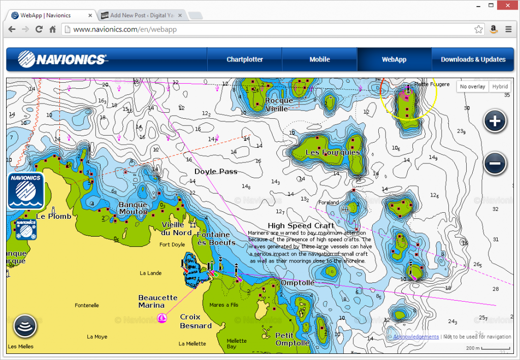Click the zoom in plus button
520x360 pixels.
coord(495,121)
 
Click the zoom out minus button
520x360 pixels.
coord(495,163)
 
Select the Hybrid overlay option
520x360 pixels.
coord(499,87)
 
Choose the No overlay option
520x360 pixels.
coord(472,87)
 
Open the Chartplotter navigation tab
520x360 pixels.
coord(245,59)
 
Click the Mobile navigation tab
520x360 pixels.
coord(319,59)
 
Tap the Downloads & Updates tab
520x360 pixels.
coord(473,59)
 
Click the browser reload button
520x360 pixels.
coord(39,29)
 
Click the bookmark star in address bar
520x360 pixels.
coord(478,29)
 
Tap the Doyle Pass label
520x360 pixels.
coord(216,172)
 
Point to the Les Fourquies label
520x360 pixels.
coord(332,152)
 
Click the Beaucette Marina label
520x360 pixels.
coord(158,301)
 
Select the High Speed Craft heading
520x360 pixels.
coord(301,225)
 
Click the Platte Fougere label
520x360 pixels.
coord(432,84)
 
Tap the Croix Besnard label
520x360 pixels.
coord(196,321)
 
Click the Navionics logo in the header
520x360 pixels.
coord(62,59)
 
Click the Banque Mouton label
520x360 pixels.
coord(133,209)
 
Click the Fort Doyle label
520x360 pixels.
coord(172,245)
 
